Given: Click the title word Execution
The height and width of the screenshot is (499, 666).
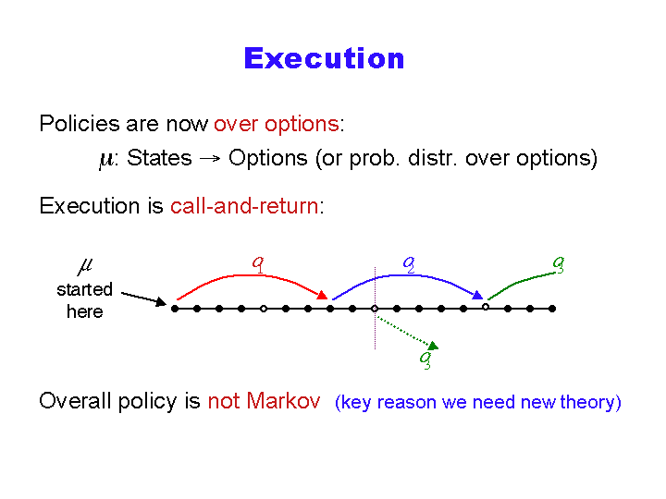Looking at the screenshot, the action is click(324, 58).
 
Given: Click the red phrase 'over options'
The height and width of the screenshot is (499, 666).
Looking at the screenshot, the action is click(276, 125).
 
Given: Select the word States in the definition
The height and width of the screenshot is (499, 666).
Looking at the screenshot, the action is click(159, 158).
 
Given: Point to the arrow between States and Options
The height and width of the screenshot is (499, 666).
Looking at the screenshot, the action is click(210, 159).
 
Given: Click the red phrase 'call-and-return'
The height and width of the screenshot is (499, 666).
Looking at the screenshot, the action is click(244, 206).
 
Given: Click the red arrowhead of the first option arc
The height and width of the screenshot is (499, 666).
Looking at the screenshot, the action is click(323, 295).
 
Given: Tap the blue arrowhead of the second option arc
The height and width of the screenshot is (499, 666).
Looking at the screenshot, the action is click(478, 295).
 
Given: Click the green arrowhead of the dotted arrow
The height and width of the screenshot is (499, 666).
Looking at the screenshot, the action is click(433, 346).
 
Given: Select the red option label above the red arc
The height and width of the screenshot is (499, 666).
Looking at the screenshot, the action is click(258, 264).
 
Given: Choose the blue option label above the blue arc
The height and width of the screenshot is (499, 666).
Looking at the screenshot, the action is click(409, 265).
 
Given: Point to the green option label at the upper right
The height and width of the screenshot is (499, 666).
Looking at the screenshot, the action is click(559, 265).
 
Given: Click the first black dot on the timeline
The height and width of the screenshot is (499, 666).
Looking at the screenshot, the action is click(175, 309).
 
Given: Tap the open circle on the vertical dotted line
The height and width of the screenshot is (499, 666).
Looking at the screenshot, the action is click(375, 309).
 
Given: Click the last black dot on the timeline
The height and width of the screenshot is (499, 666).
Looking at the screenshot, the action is click(552, 309).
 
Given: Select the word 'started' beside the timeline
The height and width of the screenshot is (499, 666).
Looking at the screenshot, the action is click(84, 290).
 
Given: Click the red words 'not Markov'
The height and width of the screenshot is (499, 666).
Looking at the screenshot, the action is click(264, 400).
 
